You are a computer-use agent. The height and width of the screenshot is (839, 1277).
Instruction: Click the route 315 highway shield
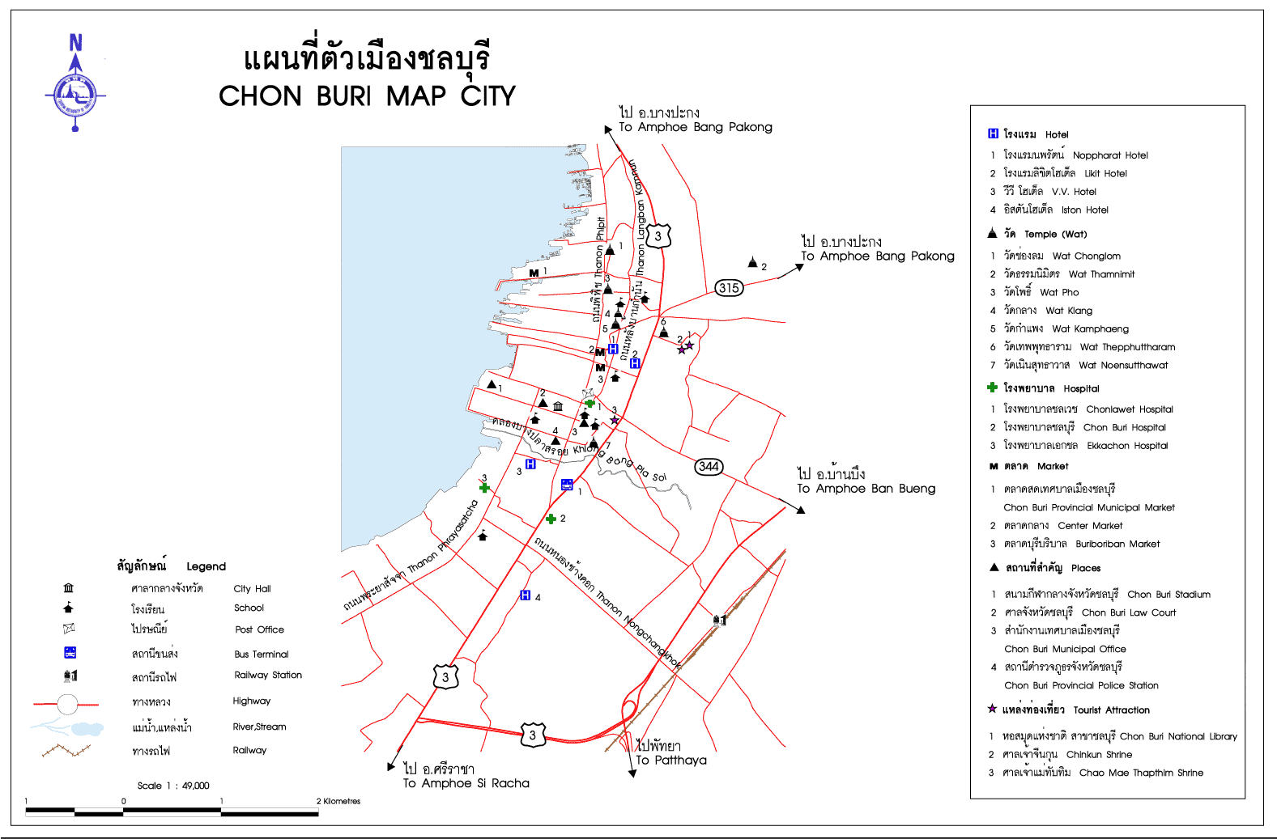click(729, 287)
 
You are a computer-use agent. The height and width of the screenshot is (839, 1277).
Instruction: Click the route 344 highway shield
click(709, 466)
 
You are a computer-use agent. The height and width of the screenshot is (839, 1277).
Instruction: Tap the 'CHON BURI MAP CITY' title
click(367, 96)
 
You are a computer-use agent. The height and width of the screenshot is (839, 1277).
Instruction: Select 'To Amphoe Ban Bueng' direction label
click(866, 489)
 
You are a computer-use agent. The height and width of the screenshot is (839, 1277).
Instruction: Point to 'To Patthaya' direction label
click(670, 761)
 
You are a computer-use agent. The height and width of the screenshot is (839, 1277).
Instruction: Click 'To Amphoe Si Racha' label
click(466, 783)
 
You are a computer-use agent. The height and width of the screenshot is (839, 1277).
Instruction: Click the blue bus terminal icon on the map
click(567, 485)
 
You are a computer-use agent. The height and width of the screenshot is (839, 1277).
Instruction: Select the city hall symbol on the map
click(558, 406)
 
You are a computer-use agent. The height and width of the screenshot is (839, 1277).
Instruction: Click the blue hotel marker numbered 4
click(525, 595)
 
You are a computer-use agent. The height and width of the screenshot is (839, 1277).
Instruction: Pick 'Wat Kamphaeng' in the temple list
click(1090, 328)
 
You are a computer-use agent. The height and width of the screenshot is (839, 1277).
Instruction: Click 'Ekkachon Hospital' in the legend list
click(1127, 446)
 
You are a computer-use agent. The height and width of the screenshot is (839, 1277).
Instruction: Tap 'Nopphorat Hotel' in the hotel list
click(1110, 155)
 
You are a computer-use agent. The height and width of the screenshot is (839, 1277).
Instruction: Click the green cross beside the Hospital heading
click(992, 388)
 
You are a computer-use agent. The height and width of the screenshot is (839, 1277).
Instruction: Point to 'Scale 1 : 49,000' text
click(173, 786)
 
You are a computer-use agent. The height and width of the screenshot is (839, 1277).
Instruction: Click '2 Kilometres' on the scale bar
click(338, 801)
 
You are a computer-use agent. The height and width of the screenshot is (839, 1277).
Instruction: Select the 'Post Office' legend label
click(259, 629)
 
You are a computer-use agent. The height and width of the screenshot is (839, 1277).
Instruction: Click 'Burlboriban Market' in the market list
click(1117, 545)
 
